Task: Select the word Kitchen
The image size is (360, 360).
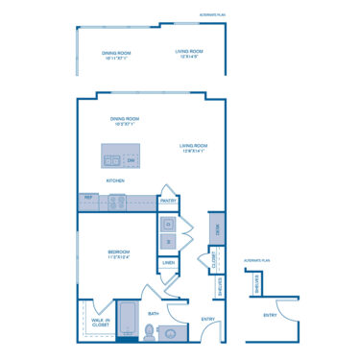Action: (115, 180)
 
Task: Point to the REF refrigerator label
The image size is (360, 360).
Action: (89, 198)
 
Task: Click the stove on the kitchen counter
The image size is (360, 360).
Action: (116, 202)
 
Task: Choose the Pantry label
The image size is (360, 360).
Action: (167, 201)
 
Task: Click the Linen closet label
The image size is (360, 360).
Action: (169, 262)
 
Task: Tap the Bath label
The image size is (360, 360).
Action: (154, 314)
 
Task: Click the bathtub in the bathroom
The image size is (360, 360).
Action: (127, 333)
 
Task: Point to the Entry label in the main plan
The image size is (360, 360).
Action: (207, 319)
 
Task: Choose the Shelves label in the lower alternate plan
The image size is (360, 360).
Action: (257, 285)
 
